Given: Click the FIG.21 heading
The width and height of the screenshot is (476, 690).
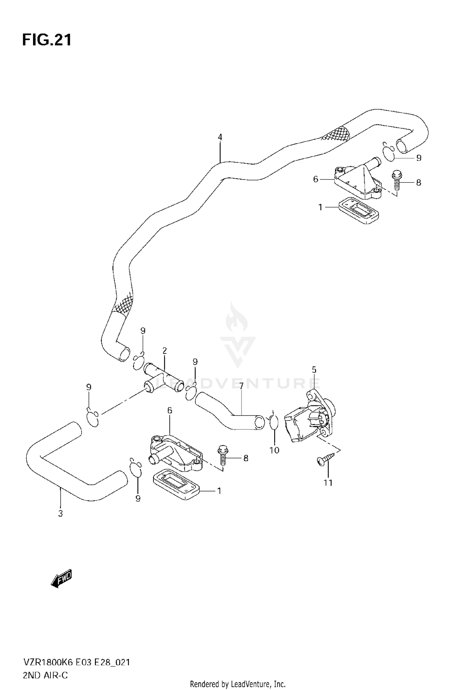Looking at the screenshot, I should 47,40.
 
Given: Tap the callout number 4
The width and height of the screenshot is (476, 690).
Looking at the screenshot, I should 220,137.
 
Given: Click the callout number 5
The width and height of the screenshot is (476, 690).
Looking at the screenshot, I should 314,369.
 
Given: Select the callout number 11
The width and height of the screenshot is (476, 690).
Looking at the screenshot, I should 328,483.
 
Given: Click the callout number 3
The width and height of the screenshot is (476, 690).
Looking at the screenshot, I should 61,513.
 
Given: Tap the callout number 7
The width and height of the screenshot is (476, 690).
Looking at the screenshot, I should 241,386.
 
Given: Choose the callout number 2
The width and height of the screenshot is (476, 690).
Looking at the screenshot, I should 164,351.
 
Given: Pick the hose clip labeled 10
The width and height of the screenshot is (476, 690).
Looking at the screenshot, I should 274,423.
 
